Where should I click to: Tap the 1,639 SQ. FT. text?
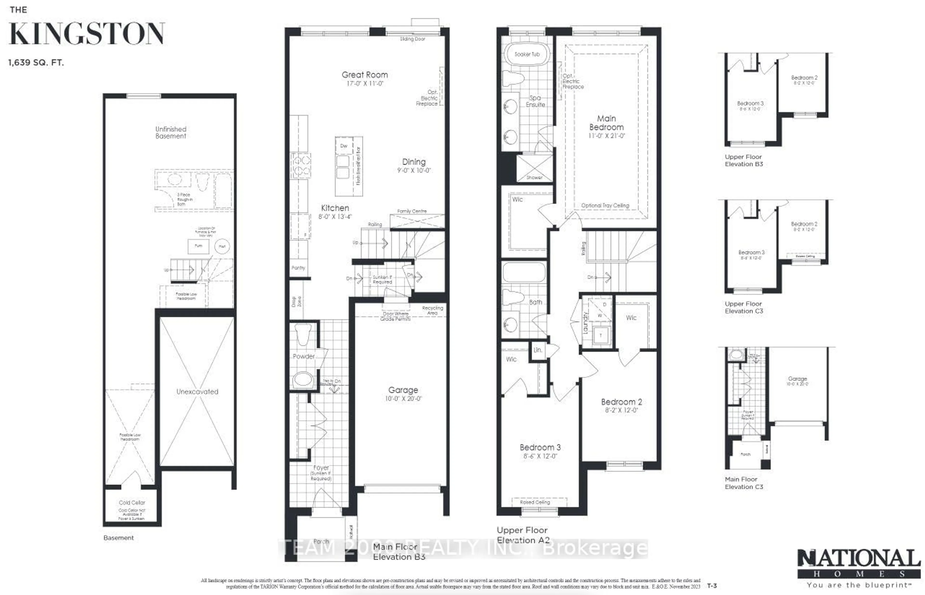36,63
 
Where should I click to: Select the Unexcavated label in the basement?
197,391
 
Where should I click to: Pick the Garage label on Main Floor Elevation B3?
403,390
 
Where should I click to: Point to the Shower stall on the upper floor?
534,168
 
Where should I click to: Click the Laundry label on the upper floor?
585,323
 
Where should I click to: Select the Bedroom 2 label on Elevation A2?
621,402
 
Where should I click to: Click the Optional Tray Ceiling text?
605,206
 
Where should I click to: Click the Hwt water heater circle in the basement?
222,246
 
